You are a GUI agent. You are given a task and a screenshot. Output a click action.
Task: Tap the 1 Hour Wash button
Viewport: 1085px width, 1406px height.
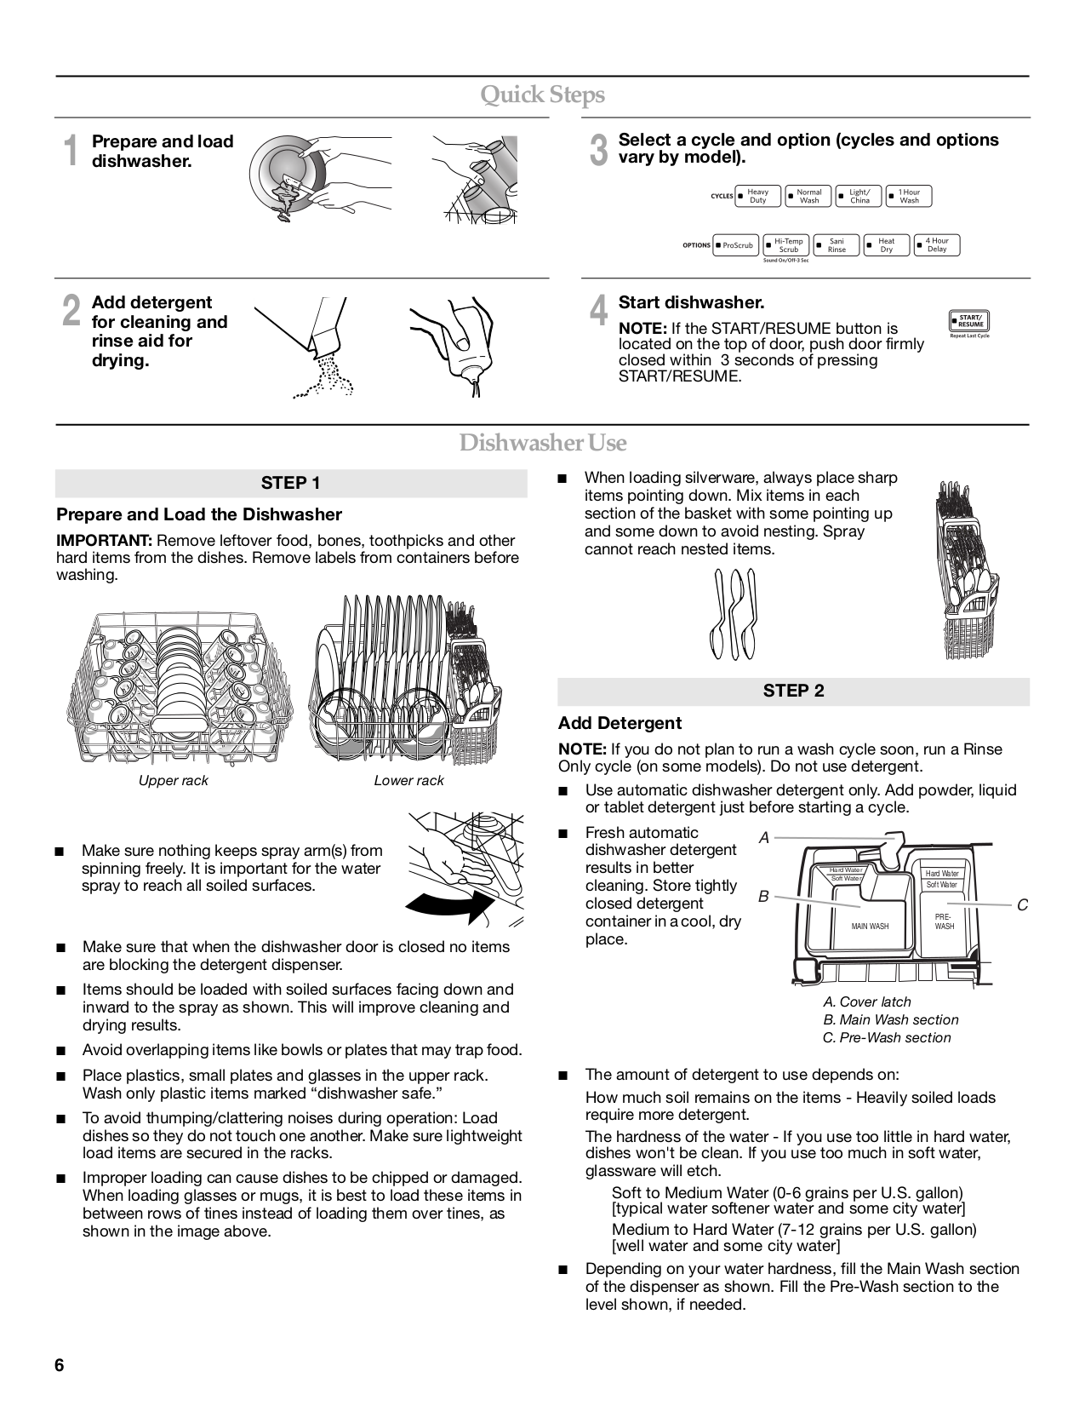coord(909,197)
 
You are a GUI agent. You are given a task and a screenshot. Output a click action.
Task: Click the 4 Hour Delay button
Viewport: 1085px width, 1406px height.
coord(936,245)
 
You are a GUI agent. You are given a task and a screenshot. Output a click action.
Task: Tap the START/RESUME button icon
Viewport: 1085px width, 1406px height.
coord(968,321)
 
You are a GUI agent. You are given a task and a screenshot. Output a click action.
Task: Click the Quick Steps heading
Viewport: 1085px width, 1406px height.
coord(542,95)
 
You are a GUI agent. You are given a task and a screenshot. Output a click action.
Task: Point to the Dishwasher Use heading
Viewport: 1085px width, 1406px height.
coord(542,443)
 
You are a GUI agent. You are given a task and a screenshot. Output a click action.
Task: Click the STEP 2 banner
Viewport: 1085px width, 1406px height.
coord(793,691)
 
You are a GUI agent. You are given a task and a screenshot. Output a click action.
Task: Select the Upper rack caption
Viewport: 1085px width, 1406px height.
coord(174,781)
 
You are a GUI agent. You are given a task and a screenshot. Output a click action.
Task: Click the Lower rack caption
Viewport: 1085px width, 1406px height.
coord(408,781)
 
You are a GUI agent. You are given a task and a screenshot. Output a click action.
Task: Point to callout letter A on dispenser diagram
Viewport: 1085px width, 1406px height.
coord(763,838)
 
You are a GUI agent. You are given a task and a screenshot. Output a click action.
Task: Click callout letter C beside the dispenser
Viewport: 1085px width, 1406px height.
coord(1023,905)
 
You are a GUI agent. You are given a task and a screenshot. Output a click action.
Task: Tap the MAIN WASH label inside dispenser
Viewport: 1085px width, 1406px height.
coord(870,927)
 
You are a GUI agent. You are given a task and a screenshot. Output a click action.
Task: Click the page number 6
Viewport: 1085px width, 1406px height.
coord(60,1366)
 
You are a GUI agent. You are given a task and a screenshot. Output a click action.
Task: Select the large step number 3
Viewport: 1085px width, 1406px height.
coord(599,151)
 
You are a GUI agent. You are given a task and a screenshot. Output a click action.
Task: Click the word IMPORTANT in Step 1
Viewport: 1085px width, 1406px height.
coord(104,541)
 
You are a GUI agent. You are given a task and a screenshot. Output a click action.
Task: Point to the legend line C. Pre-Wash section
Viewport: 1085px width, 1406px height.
coord(887,1037)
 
